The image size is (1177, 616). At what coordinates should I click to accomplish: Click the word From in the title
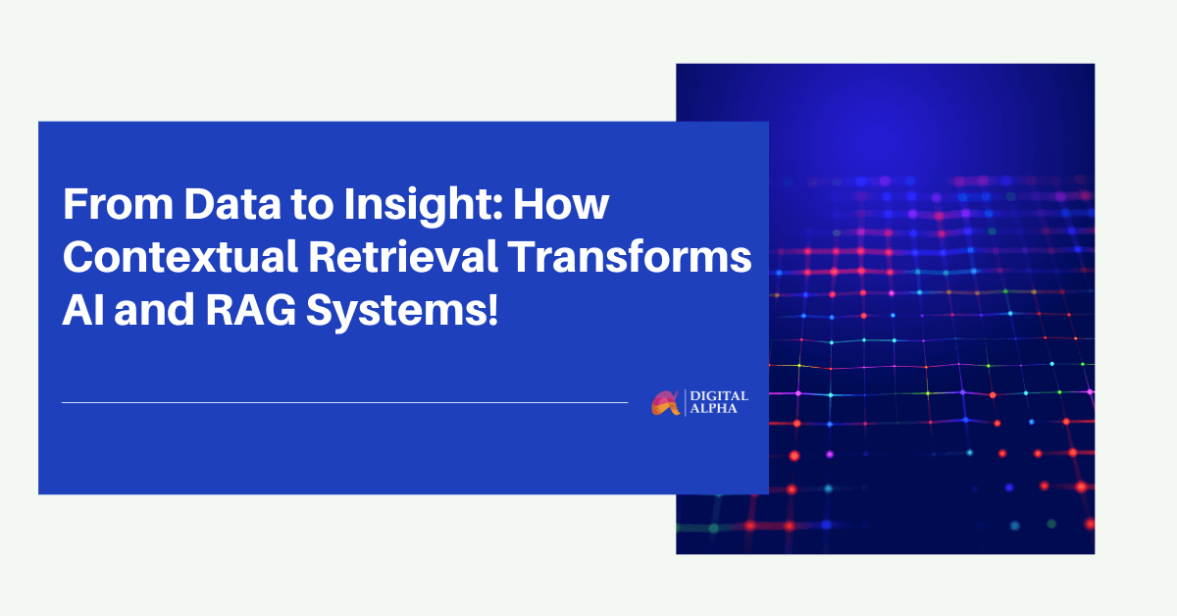(119, 203)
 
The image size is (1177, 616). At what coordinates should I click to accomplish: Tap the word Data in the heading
(232, 203)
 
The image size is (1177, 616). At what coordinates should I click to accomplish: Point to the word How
(561, 203)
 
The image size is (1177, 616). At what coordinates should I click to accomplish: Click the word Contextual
(180, 256)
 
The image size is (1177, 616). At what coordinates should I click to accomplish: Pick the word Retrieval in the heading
(403, 256)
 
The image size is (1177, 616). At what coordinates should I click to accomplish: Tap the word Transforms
(630, 256)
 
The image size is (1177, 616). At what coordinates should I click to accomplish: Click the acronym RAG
(251, 310)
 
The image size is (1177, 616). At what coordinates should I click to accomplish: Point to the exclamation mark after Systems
(492, 310)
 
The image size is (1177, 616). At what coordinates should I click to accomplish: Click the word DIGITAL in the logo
(719, 396)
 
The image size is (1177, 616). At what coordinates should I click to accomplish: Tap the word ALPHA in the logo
(714, 408)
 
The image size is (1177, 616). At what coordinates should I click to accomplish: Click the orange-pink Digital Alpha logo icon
(665, 403)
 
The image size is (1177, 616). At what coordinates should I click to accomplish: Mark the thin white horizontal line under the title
(344, 402)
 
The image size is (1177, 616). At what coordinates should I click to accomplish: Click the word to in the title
(313, 205)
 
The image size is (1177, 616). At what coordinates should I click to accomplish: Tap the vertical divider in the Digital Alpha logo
(686, 402)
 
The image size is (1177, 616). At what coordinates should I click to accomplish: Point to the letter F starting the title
(75, 203)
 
